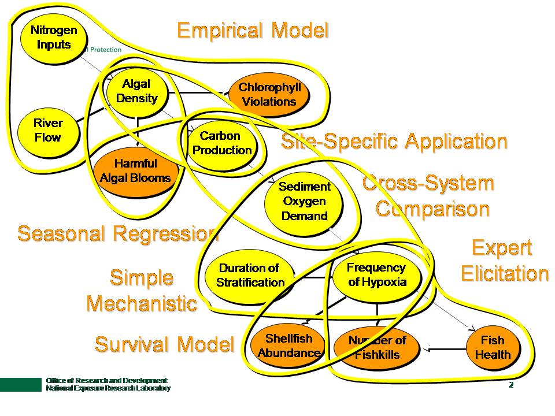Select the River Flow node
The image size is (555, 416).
(47, 131)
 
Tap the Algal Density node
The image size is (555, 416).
(136, 92)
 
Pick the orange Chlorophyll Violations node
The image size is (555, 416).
(268, 95)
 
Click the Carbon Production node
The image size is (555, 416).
(221, 143)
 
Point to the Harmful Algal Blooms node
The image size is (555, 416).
(135, 171)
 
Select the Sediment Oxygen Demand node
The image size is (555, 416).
(305, 202)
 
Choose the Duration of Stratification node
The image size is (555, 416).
(250, 276)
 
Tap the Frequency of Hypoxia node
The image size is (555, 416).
(376, 276)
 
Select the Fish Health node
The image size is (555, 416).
(493, 347)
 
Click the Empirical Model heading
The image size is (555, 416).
(253, 30)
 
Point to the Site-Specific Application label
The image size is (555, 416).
(394, 141)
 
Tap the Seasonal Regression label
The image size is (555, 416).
(118, 233)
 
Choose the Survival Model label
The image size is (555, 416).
(164, 344)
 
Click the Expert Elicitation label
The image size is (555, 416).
(504, 261)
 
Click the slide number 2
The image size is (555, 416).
(511, 385)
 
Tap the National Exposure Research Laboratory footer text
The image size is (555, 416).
(108, 389)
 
